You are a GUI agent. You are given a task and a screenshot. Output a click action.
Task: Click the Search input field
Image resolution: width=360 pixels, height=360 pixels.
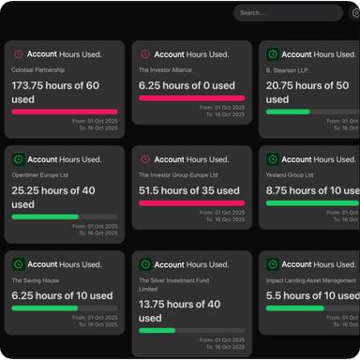click(x=286, y=13)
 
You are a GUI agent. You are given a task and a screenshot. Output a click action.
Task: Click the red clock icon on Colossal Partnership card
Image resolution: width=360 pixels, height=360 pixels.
click(x=19, y=54)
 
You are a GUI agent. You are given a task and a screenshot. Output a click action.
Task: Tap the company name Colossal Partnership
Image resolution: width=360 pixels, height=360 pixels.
click(x=37, y=70)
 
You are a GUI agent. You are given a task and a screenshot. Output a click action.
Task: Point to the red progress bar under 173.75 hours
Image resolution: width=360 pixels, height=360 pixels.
click(x=65, y=111)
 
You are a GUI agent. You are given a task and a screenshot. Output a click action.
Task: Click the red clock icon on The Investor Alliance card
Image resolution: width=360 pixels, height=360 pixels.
click(x=145, y=54)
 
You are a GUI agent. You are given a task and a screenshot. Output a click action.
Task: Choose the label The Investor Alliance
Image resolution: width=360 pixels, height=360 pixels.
click(x=166, y=70)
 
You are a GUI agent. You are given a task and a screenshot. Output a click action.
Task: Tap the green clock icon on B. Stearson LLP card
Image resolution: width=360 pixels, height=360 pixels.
click(x=272, y=54)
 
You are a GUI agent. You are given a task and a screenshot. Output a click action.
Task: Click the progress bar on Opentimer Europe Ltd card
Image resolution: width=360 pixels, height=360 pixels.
click(x=65, y=217)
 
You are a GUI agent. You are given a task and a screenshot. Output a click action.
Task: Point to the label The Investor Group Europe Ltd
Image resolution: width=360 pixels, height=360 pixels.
click(x=177, y=175)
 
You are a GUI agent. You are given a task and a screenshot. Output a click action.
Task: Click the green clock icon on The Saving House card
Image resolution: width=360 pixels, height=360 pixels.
click(x=19, y=264)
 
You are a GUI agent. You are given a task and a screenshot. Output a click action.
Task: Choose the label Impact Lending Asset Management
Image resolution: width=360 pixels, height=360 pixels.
click(x=310, y=280)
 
